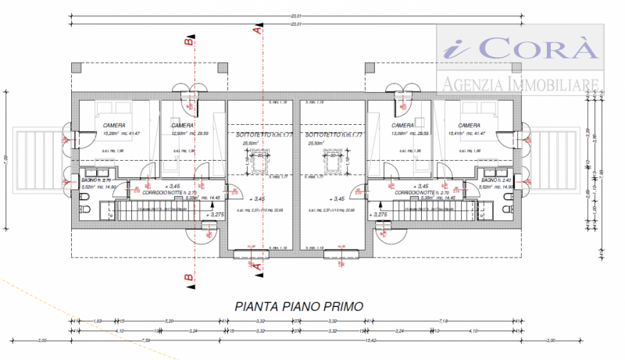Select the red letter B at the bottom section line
[x=187, y=276]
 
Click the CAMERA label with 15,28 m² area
[x=115, y=125]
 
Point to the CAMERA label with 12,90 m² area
[x=182, y=125]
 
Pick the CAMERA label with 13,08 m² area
[x=403, y=125]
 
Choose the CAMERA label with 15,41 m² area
[x=470, y=125]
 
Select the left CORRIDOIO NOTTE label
[x=162, y=191]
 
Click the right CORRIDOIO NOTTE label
[x=422, y=191]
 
